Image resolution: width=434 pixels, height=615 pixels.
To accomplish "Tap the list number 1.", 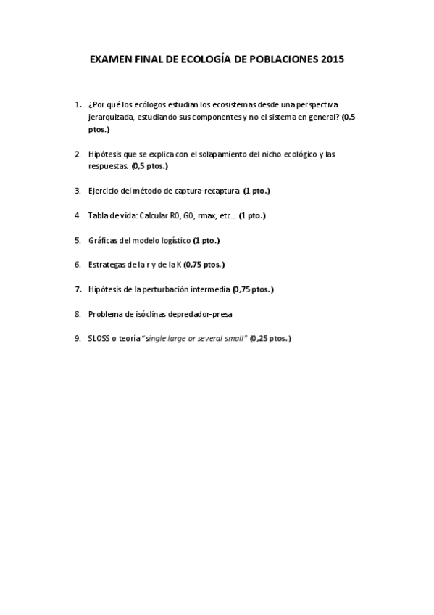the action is point(78,104).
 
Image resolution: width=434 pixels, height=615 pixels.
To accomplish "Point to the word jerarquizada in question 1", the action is point(110,117).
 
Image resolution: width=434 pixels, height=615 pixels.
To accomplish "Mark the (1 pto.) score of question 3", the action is point(257,191).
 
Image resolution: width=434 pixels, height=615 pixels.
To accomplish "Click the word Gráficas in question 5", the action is point(104,240).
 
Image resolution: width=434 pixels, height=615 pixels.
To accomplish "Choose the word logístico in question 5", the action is point(175,240).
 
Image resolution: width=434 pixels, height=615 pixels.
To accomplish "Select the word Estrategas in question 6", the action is point(107,265).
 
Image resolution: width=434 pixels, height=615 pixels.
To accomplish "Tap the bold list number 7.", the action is point(78,289).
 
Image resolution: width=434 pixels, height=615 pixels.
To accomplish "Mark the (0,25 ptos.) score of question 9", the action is point(271,339).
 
